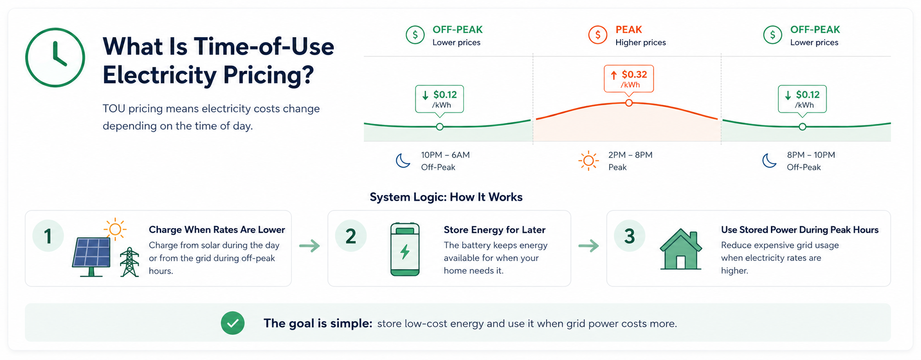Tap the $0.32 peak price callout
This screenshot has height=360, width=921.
(629, 79)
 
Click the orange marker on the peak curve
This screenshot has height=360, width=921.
(629, 103)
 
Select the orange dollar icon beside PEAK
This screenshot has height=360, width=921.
(598, 34)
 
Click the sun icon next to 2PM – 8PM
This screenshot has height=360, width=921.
(588, 161)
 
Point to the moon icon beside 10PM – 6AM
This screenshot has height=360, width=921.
(403, 161)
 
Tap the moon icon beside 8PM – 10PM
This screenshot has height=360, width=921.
(769, 161)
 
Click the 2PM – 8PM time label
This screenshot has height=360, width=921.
(630, 155)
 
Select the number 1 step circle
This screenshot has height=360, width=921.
(48, 236)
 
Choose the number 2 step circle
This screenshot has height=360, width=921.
(351, 236)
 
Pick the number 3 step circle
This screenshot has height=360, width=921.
(629, 236)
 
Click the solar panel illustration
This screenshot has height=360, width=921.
(92, 257)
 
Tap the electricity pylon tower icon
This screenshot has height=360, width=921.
(129, 262)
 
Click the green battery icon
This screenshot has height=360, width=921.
(405, 249)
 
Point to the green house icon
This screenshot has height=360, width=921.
(681, 249)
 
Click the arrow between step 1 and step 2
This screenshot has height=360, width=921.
(309, 246)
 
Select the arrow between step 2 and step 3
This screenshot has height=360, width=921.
(589, 246)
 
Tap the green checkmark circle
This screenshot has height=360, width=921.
(233, 323)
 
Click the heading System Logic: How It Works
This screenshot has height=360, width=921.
(446, 197)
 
